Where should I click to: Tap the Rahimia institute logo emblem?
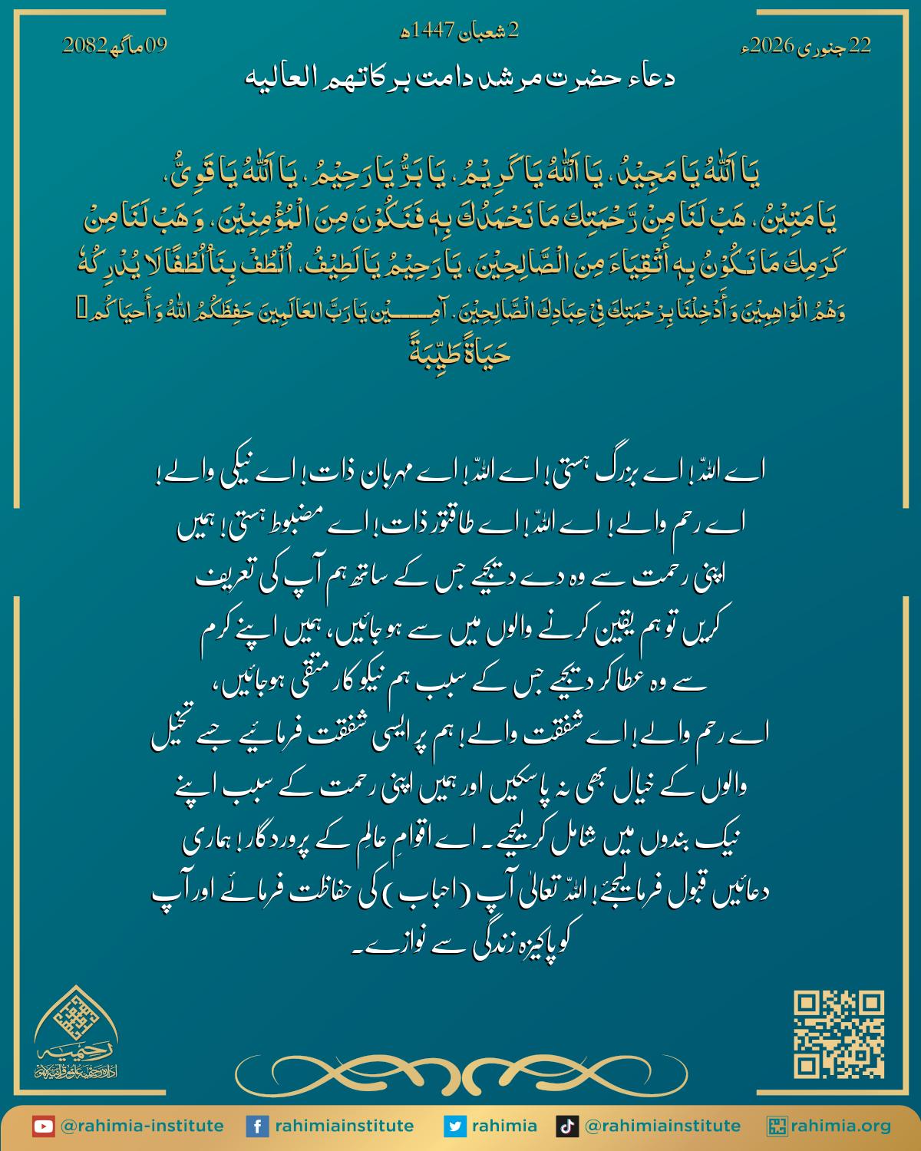tap(74, 1032)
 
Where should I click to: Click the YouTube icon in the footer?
tap(43, 1126)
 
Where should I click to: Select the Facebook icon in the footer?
tap(256, 1126)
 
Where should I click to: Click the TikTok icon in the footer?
tap(566, 1126)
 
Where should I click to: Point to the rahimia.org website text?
tap(842, 1126)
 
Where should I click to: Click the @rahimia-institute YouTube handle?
tap(141, 1126)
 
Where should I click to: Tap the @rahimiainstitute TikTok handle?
tap(662, 1126)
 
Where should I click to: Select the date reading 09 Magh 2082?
tap(114, 47)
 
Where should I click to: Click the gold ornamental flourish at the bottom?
tap(460, 1070)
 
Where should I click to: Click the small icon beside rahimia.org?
tap(777, 1126)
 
